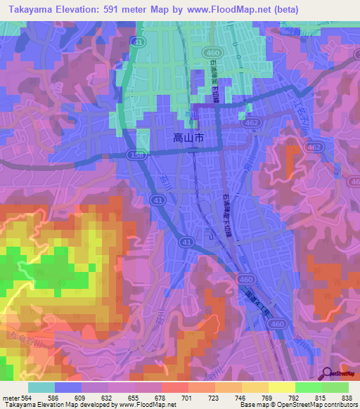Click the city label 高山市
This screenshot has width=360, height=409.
pyautogui.click(x=188, y=139)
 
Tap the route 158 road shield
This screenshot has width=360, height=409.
pyautogui.click(x=134, y=153)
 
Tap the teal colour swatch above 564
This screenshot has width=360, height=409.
pyautogui.click(x=41, y=387)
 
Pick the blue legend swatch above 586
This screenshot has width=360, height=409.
pyautogui.click(x=68, y=387)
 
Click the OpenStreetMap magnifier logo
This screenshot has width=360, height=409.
pyautogui.click(x=326, y=373)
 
